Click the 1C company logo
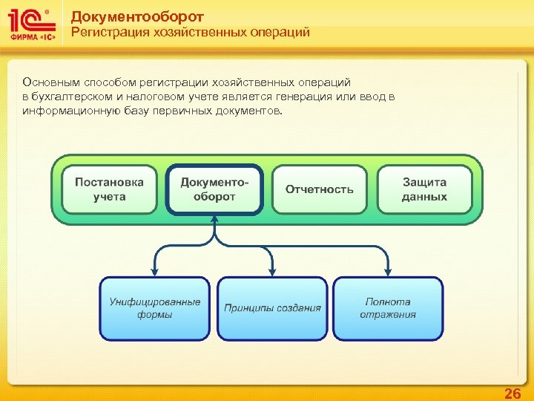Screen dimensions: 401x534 click(31, 25)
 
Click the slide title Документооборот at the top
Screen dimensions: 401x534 click(137, 16)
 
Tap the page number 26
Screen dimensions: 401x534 click(512, 394)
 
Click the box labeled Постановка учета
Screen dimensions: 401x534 click(110, 189)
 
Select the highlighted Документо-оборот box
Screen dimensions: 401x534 click(214, 189)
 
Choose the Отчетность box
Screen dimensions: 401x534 click(320, 189)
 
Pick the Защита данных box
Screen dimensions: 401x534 click(424, 189)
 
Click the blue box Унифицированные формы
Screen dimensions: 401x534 click(155, 308)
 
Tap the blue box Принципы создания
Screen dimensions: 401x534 click(272, 308)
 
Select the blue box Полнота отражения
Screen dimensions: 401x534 click(388, 308)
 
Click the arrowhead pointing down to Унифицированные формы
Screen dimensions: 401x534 click(155, 272)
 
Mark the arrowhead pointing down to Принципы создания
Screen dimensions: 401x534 click(272, 272)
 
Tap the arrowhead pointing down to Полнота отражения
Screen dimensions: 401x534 click(388, 272)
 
